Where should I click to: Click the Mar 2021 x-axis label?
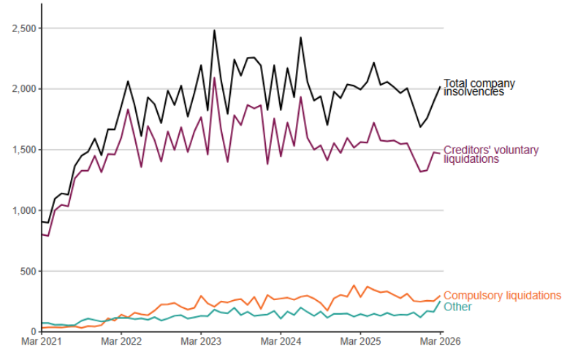click(x=42, y=341)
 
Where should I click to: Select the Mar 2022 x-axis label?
click(x=121, y=341)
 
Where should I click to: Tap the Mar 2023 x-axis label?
click(x=201, y=341)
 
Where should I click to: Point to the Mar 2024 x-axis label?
click(x=281, y=341)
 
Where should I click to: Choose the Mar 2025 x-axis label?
click(x=361, y=341)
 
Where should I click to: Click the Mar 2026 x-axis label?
click(x=440, y=341)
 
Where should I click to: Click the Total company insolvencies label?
click(x=479, y=88)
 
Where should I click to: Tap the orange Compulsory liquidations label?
click(x=502, y=295)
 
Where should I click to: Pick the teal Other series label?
click(x=457, y=307)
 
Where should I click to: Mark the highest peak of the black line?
click(x=214, y=31)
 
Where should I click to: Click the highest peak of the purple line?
click(x=214, y=78)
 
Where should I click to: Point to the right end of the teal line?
click(x=441, y=302)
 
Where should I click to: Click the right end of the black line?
click(x=441, y=87)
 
